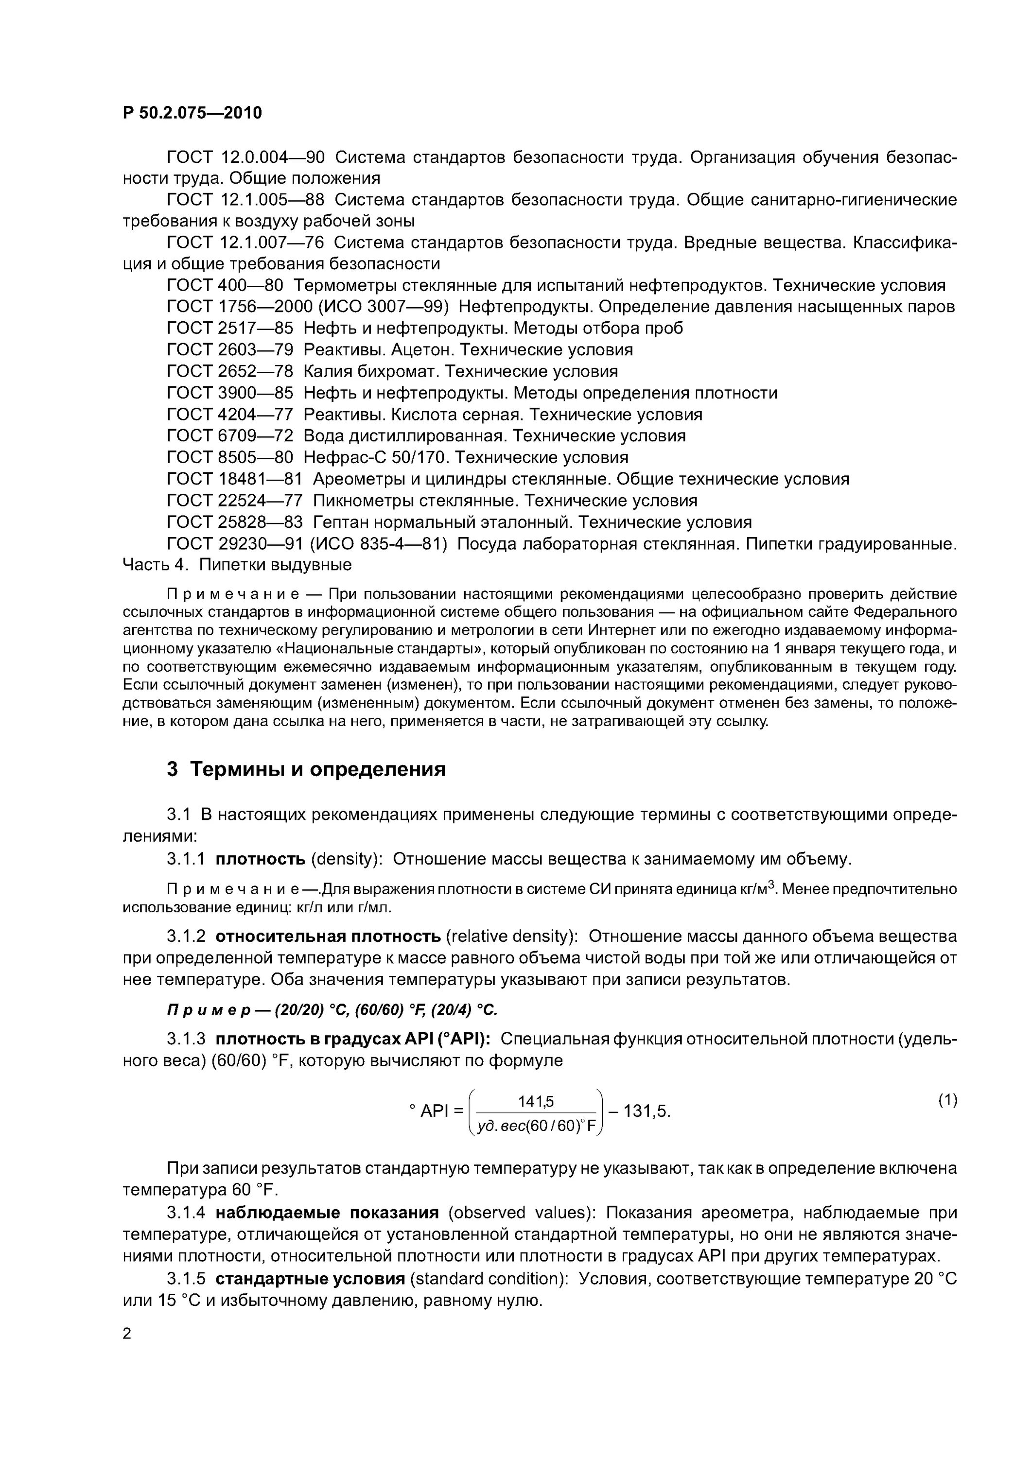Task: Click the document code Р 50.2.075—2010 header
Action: (x=192, y=113)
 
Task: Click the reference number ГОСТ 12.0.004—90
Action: (x=245, y=157)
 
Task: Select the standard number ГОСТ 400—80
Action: (x=224, y=285)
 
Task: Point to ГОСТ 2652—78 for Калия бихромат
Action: (x=229, y=371)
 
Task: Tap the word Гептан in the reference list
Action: (x=341, y=522)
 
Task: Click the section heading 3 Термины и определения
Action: (x=306, y=770)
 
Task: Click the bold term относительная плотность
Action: (x=328, y=937)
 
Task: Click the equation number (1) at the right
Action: (x=947, y=1100)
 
